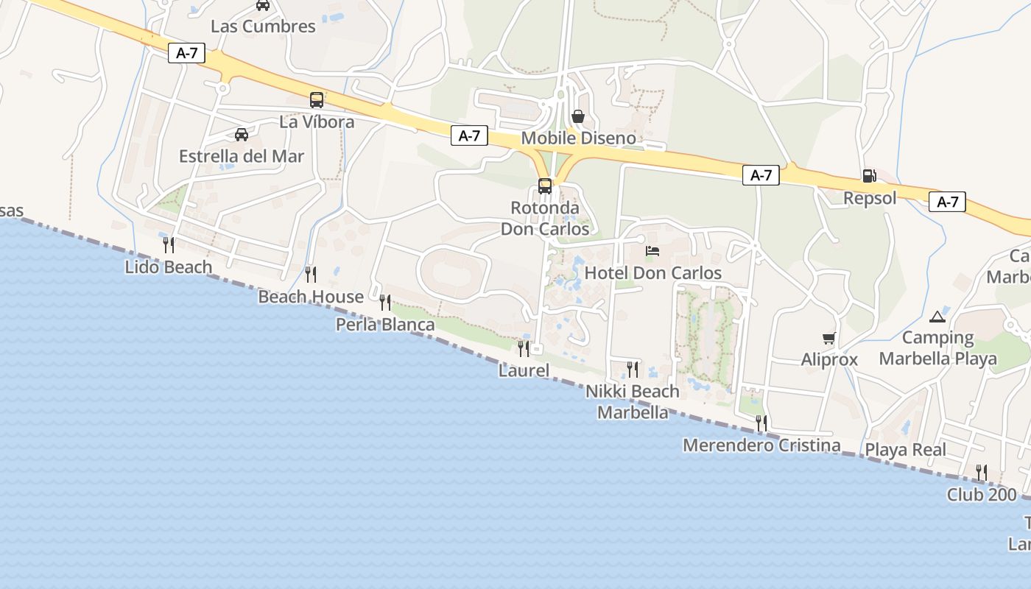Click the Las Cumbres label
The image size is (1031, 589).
(x=263, y=27)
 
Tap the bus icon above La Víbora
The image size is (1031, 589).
(x=317, y=100)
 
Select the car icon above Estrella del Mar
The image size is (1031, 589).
(x=242, y=134)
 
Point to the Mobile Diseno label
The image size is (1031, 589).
(x=578, y=138)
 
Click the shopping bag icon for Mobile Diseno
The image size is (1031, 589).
(x=578, y=116)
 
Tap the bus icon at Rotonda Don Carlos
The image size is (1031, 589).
(x=545, y=186)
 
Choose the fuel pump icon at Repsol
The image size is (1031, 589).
(x=870, y=176)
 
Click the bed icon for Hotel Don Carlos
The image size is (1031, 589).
(x=652, y=251)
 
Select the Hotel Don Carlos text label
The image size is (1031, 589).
(x=652, y=273)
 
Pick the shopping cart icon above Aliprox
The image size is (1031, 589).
(x=829, y=339)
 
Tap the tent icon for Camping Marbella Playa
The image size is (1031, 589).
(x=937, y=317)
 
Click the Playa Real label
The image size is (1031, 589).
(x=906, y=450)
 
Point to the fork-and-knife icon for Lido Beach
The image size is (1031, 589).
(x=169, y=244)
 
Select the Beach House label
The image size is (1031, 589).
(x=311, y=297)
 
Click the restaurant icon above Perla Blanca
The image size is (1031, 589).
(x=385, y=302)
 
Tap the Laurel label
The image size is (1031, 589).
(x=524, y=370)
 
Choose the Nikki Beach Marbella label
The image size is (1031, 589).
(x=633, y=401)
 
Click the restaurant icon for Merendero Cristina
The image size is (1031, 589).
(x=761, y=423)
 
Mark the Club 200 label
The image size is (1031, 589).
(x=982, y=495)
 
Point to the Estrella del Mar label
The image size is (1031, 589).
(x=242, y=156)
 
